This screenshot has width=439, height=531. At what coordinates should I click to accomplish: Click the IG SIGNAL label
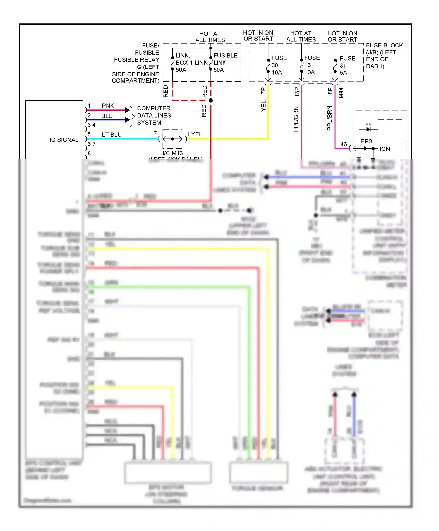[x=64, y=140]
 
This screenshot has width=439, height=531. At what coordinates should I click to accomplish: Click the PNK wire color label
[x=108, y=106]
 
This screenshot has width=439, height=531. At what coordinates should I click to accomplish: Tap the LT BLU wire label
[x=112, y=134]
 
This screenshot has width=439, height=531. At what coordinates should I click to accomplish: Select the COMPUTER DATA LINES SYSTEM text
[x=154, y=115]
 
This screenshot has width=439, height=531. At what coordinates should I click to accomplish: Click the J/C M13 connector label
[x=172, y=153]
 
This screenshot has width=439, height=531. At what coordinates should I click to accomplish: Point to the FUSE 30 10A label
[x=279, y=65]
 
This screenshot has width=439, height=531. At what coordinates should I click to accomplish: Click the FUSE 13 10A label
[x=312, y=65]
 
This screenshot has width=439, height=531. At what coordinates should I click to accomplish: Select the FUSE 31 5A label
[x=347, y=66]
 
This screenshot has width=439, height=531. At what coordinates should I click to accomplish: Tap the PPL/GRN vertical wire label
[x=296, y=119]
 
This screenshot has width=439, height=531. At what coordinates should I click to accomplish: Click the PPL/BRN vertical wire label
[x=330, y=118]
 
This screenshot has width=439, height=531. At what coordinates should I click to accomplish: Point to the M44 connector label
[x=341, y=93]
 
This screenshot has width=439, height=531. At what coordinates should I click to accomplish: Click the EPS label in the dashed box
[x=366, y=141]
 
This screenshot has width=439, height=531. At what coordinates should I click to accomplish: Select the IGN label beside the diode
[x=385, y=149]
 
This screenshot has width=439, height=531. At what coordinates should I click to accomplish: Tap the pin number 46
[x=343, y=144]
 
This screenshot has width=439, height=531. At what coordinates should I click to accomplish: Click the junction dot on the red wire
[x=211, y=100]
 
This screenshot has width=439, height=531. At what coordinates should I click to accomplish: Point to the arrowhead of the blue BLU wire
[x=127, y=120]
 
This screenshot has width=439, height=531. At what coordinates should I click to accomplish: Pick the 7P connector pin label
[x=263, y=91]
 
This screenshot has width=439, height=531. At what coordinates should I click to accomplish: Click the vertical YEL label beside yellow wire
[x=263, y=106]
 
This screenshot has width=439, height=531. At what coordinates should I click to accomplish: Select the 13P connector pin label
[x=297, y=92]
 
